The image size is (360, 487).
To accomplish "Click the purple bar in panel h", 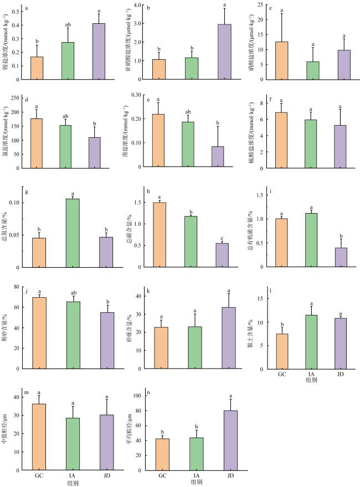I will click(222, 255).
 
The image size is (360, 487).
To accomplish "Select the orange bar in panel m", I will click(39, 437).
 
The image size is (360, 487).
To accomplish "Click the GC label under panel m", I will click(39, 475).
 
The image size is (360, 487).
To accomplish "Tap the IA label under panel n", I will click(197, 475).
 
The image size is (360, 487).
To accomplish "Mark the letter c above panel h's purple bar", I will click(222, 238).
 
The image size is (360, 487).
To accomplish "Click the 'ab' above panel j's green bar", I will click(73, 292).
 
